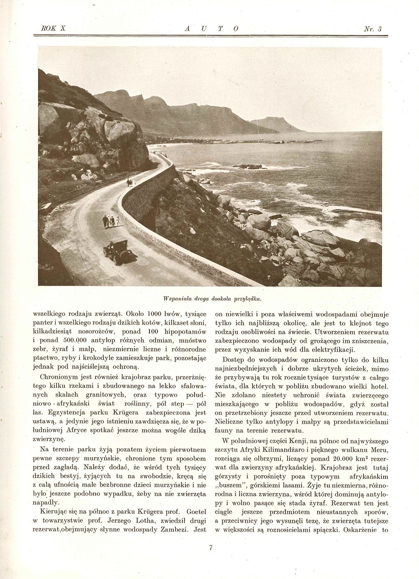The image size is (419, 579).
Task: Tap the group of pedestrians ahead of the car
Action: click(x=111, y=221)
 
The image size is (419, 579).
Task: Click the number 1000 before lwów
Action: click(x=156, y=313)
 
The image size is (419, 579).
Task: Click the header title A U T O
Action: click(x=210, y=29)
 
